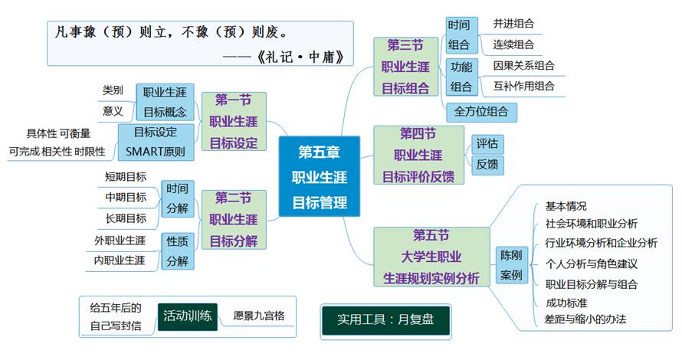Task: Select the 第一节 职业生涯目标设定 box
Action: point(234,122)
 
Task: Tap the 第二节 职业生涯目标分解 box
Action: point(234,219)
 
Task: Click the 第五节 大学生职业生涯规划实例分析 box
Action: point(431,257)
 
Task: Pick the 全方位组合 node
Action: point(481,112)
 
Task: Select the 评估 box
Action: point(487,143)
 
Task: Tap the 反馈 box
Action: point(487,164)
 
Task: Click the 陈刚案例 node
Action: point(511,264)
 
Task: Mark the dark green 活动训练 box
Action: point(189,315)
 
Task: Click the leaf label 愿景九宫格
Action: point(259,315)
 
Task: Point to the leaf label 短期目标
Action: point(126,177)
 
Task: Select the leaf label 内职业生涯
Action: point(120,260)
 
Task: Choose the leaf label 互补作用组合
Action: point(524,86)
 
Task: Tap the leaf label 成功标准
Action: point(567,302)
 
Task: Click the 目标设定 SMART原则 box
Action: point(156,141)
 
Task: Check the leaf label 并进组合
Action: point(514,24)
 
